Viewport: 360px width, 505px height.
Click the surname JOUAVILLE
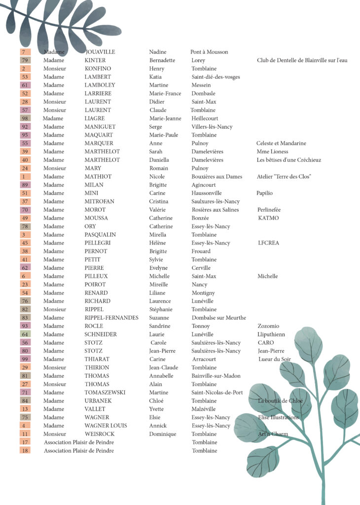coord(100,52)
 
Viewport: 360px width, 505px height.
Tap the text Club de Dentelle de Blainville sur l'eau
coord(302,60)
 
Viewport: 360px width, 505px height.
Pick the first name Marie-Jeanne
coord(165,118)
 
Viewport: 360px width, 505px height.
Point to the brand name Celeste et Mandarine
coord(281,144)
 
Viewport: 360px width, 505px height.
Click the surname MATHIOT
coord(98,177)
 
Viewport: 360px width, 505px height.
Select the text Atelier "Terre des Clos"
coord(284,177)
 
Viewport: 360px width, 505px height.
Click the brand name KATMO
coord(268,218)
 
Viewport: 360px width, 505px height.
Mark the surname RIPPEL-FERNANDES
coord(111,318)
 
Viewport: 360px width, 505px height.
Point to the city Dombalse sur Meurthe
coord(218,318)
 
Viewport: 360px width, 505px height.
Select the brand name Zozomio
coord(268,326)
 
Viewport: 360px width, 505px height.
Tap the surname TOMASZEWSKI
coord(105,393)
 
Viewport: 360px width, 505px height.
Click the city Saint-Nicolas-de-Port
coord(217,393)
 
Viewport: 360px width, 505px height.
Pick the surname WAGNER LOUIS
coord(106,426)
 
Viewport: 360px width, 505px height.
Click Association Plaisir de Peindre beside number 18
coord(79,451)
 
